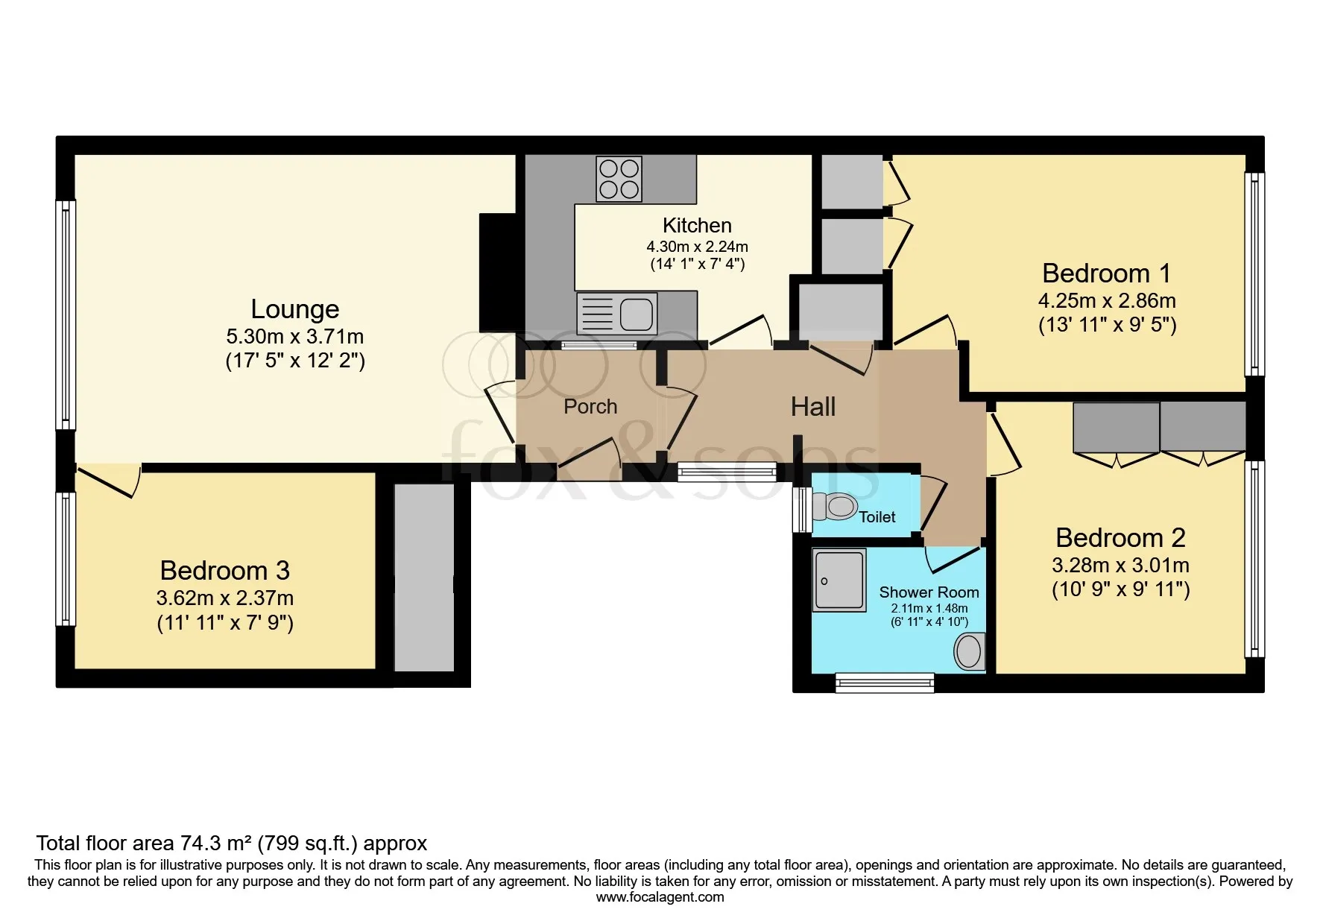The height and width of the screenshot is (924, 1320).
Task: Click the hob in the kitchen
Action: [x=619, y=179]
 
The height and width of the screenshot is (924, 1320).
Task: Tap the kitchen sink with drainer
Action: [x=616, y=312]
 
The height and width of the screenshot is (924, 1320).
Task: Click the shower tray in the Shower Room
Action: [x=839, y=580]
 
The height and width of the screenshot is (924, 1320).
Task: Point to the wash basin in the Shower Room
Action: [x=969, y=652]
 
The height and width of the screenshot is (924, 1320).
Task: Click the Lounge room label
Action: [x=295, y=308]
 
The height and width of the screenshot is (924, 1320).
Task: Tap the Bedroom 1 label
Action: [x=1106, y=273]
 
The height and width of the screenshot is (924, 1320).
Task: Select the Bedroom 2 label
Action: [x=1120, y=537]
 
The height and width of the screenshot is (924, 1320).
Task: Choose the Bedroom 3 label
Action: [x=224, y=570]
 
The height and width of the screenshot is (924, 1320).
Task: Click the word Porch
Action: [x=590, y=406]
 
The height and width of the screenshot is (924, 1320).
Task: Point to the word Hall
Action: [x=813, y=406]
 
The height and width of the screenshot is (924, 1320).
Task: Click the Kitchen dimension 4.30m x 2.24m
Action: [x=697, y=247]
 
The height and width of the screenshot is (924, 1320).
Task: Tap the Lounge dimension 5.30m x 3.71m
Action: [x=295, y=336]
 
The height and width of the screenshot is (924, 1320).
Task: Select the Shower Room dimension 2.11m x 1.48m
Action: [x=929, y=608]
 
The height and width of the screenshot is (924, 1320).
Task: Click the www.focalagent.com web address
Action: [x=660, y=897]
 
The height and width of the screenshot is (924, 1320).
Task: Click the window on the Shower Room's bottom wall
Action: [x=885, y=683]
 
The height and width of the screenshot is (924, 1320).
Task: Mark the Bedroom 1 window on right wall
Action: [x=1255, y=275]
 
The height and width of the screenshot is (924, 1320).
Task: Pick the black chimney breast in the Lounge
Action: [x=498, y=273]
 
